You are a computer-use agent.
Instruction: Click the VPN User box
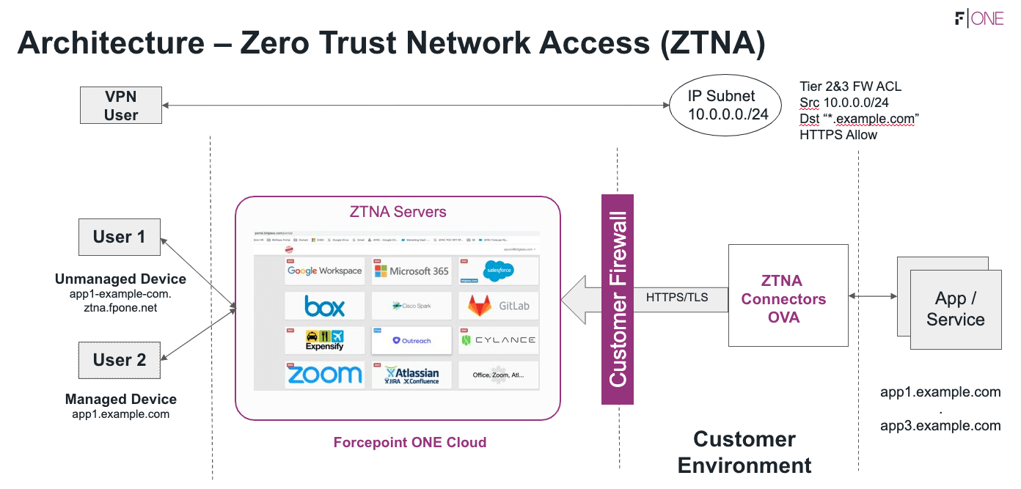[x=121, y=106]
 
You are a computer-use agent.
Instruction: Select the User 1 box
[x=120, y=237]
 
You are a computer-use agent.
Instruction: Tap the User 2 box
[x=120, y=360]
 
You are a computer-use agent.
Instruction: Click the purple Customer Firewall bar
[x=617, y=299]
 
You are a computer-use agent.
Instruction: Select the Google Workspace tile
[x=324, y=271]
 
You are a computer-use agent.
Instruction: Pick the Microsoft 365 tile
[x=411, y=271]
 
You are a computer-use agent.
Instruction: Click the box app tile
[x=324, y=306]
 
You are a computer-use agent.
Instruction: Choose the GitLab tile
[x=498, y=306]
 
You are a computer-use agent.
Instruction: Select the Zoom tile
[x=324, y=375]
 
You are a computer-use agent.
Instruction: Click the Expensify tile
[x=324, y=340]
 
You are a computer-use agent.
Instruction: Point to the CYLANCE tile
[x=498, y=340]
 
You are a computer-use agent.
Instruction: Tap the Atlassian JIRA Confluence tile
[x=411, y=375]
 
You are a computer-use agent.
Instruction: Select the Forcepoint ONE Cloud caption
[x=410, y=442]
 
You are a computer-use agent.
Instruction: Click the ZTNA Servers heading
[x=398, y=212]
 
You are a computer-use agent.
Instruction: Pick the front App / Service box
[x=956, y=309]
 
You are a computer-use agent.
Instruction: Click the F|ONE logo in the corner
[x=979, y=19]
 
